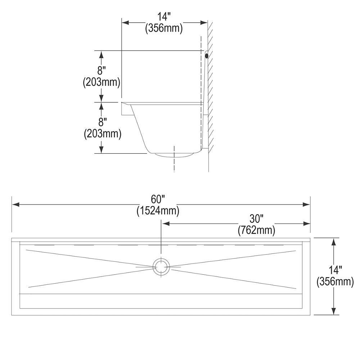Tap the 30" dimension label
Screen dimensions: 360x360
[x=256, y=219]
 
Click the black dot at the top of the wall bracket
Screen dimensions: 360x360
[x=206, y=56]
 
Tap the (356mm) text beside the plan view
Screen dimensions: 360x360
[x=335, y=282]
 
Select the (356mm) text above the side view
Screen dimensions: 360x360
[x=164, y=28]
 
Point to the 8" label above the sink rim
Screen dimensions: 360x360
[x=102, y=71]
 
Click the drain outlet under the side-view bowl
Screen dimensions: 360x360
[x=175, y=155]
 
